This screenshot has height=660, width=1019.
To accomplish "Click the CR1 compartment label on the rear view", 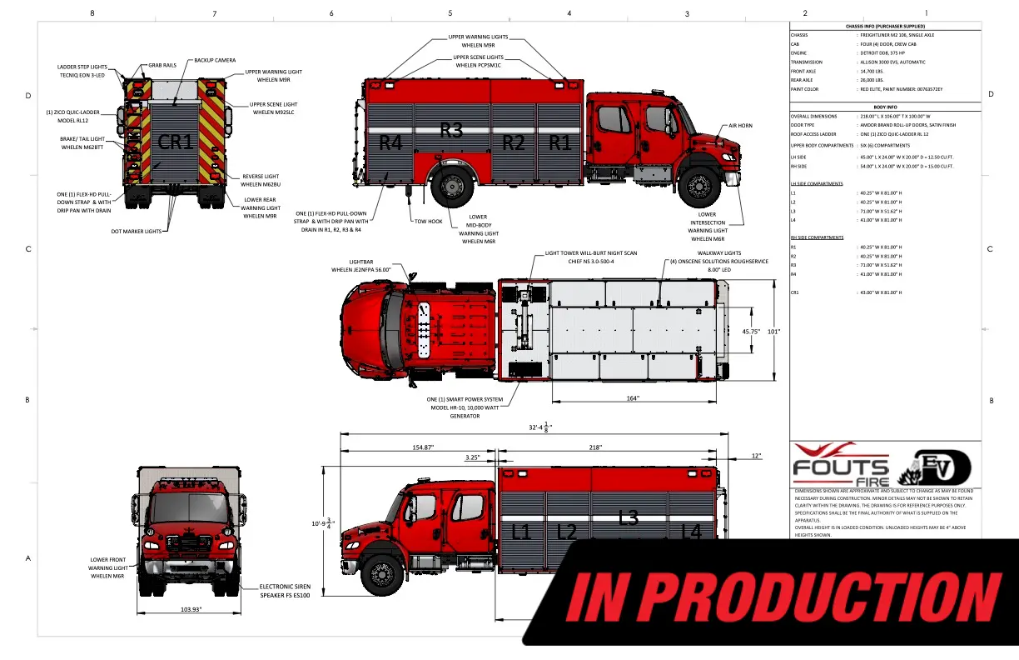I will pos(176,142).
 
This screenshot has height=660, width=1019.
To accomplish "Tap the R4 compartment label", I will pos(390,142).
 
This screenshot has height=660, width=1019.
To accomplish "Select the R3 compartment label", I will pos(451,130).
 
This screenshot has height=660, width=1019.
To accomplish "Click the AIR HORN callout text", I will pos(740,125).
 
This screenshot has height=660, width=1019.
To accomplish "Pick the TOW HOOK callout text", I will pos(427,222).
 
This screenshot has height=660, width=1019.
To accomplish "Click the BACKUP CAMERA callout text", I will pos(215,60).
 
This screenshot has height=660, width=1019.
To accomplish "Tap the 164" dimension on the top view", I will pos(633,398).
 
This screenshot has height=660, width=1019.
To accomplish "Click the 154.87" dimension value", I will pos(424,447).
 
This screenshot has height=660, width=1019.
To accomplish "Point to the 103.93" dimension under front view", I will pos(191,610).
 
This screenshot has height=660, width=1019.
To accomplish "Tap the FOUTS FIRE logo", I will pos(840,469).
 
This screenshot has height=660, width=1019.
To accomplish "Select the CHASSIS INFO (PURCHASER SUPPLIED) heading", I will pos(885,27).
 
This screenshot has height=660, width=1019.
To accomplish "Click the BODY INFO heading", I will pos(885,107).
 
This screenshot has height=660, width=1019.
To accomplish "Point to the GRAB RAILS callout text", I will pos(162,63).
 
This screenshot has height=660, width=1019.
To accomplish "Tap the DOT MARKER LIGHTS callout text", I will pos(136,231).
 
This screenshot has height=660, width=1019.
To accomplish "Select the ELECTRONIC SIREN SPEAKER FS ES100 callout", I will pos(285,592).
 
